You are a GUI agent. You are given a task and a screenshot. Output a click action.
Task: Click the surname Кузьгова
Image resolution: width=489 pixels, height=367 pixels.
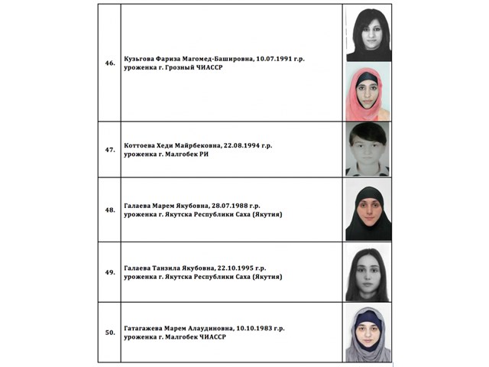click(x=141, y=58)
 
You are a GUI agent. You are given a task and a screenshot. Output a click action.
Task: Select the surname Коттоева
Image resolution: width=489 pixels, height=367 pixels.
click(x=142, y=145)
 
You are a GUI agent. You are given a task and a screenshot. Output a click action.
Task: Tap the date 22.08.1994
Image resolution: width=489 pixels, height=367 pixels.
click(x=246, y=145)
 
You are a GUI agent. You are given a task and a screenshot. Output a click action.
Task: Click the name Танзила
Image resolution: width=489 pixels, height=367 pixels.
click(x=168, y=268)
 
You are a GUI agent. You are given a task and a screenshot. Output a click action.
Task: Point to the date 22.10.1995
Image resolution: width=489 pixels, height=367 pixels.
click(x=244, y=268)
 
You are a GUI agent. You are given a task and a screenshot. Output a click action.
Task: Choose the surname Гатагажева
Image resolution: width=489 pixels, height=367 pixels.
click(x=146, y=329)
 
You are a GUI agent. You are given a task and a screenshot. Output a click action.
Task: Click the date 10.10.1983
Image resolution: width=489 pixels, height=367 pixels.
click(x=257, y=329)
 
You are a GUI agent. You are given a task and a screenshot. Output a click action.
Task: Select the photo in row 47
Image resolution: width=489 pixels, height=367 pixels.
click(x=368, y=149)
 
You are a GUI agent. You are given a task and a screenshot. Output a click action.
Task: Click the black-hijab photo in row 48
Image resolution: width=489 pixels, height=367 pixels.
click(x=368, y=209)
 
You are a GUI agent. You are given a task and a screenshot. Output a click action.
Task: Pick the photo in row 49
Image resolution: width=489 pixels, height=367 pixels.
click(x=368, y=272)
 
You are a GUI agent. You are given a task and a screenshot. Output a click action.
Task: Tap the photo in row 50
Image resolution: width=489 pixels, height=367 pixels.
click(x=368, y=333)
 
